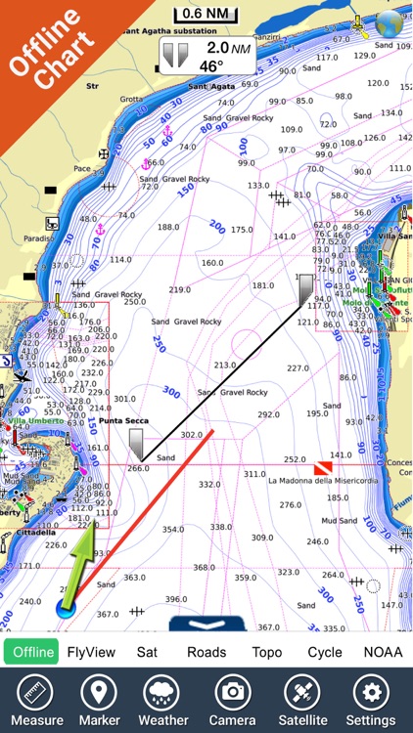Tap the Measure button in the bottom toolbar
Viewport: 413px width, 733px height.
(x=36, y=699)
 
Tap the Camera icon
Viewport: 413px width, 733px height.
(x=233, y=699)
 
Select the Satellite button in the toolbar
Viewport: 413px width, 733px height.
(x=301, y=699)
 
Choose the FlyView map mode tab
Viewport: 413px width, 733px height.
(x=91, y=652)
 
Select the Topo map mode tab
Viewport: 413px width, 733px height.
(x=266, y=652)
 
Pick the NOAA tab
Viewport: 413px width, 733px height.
(x=383, y=652)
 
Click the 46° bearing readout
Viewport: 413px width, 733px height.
(x=211, y=66)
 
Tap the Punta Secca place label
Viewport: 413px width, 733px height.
(x=122, y=421)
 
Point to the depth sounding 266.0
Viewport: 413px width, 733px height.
(x=138, y=468)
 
